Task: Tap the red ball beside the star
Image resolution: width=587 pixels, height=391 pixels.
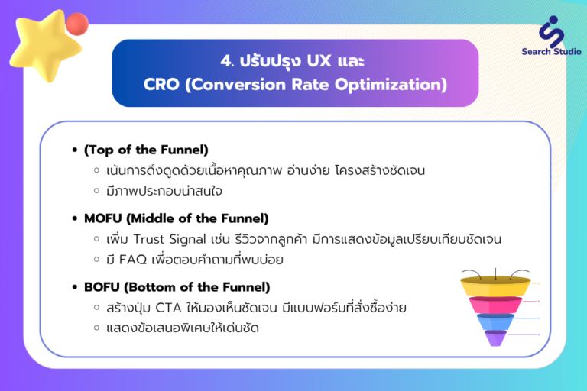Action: click(77, 24)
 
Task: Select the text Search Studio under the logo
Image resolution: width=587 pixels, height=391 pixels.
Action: click(551, 52)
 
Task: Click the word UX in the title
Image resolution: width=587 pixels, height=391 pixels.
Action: click(319, 61)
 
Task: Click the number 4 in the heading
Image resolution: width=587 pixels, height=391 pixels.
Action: click(225, 61)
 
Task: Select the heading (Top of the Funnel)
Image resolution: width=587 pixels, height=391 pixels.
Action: click(146, 150)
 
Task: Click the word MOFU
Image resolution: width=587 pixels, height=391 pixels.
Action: click(103, 218)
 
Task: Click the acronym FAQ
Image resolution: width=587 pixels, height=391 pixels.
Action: click(133, 260)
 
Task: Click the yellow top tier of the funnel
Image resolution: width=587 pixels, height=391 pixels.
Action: click(495, 286)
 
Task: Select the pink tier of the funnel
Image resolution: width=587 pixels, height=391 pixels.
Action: click(495, 305)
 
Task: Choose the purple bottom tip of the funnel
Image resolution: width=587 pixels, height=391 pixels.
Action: click(495, 338)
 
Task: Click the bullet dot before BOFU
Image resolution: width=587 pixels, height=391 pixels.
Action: click(75, 287)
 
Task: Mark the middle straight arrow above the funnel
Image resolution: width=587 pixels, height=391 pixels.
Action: click(495, 274)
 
